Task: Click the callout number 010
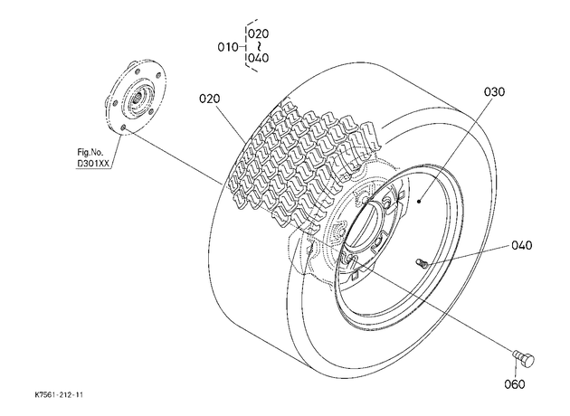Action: [228, 47]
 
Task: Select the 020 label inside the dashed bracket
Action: [259, 33]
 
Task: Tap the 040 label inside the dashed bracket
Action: [259, 58]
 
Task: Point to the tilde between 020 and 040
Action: [259, 46]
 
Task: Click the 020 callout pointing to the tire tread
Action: [210, 99]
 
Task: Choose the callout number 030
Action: [494, 91]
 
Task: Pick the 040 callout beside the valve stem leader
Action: [522, 245]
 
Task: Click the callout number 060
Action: [515, 384]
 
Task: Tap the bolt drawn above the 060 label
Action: [524, 359]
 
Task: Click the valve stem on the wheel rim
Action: [422, 262]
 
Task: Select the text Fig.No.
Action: [90, 152]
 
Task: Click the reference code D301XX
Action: [93, 164]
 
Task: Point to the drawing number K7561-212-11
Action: [59, 394]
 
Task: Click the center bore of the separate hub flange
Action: [138, 97]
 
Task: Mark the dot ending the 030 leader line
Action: [419, 201]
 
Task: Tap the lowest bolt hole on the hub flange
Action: [123, 128]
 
